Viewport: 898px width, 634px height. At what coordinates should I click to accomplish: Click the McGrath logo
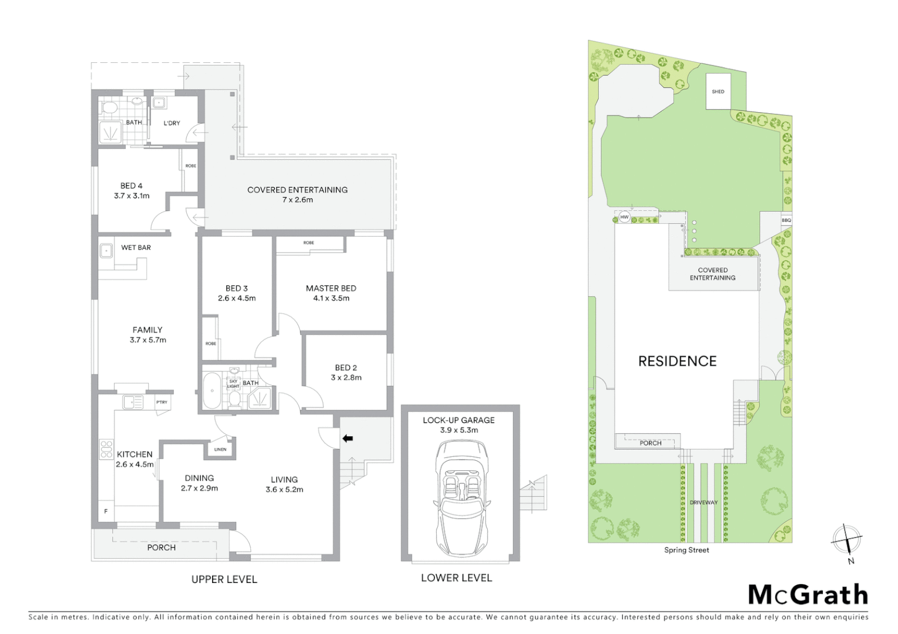808,595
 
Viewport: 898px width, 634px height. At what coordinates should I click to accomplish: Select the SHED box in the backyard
718,91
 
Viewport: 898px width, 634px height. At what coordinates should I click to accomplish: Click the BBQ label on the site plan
786,220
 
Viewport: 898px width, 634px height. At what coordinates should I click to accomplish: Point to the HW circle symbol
624,217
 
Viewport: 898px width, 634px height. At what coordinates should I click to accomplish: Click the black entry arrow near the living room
347,438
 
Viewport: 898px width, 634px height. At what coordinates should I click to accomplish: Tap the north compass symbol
846,539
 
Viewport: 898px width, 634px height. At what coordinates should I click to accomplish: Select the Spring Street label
686,550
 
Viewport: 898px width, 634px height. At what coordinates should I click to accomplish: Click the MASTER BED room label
331,288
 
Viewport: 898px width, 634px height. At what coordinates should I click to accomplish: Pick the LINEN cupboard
220,449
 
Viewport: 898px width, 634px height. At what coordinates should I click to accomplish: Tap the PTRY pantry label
162,402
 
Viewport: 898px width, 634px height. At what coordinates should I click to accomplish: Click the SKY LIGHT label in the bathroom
233,384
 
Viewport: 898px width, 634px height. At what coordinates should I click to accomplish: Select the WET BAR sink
106,251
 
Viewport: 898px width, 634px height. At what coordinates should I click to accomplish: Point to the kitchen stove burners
106,449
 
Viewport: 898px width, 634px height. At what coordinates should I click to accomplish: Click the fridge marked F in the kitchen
106,511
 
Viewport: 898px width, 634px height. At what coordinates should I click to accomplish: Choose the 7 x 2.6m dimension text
297,200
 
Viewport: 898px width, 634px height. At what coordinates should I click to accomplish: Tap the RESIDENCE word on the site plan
677,361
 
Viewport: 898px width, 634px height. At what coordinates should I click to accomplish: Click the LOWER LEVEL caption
456,578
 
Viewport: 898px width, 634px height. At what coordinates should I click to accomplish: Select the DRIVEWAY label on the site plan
703,503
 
